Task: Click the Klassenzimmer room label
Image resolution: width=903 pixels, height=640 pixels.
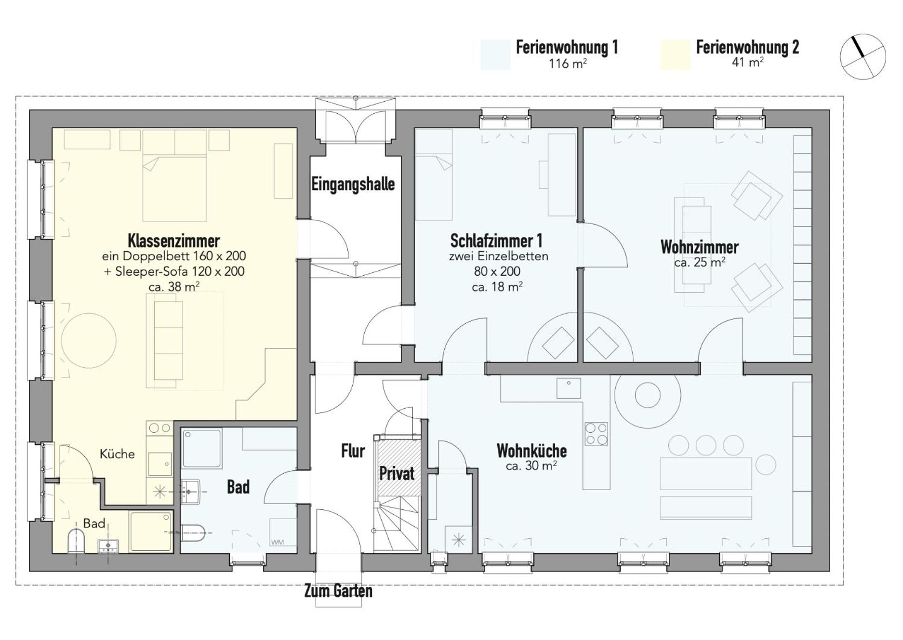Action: point(173,240)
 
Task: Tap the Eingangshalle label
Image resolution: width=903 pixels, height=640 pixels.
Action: point(353,184)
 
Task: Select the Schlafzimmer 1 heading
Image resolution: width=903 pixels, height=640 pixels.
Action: point(496,240)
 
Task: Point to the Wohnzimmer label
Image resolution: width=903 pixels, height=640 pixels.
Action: point(699,247)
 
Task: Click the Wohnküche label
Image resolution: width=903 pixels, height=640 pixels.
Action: point(531,451)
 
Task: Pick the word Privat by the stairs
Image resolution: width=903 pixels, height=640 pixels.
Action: point(397,473)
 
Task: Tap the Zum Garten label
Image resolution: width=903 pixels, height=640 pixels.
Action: point(338,591)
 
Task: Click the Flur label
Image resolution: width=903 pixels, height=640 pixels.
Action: point(353,451)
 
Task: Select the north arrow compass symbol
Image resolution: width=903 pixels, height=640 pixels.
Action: point(863,56)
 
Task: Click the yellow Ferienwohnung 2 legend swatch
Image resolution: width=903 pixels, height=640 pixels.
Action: point(675,55)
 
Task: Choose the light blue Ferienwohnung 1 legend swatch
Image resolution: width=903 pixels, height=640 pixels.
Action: point(495,55)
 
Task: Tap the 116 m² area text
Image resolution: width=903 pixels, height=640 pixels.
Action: point(568,63)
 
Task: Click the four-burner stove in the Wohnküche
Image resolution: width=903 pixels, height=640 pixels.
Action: point(596,434)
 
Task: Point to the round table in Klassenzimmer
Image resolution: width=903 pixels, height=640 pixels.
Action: point(89,341)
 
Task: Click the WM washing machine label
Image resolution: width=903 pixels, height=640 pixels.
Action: point(277,542)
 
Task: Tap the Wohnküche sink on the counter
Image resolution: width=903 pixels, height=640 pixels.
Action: point(569,388)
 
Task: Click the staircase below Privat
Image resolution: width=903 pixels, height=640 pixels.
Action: point(397,524)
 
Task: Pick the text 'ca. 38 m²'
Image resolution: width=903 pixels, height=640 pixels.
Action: point(174,287)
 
